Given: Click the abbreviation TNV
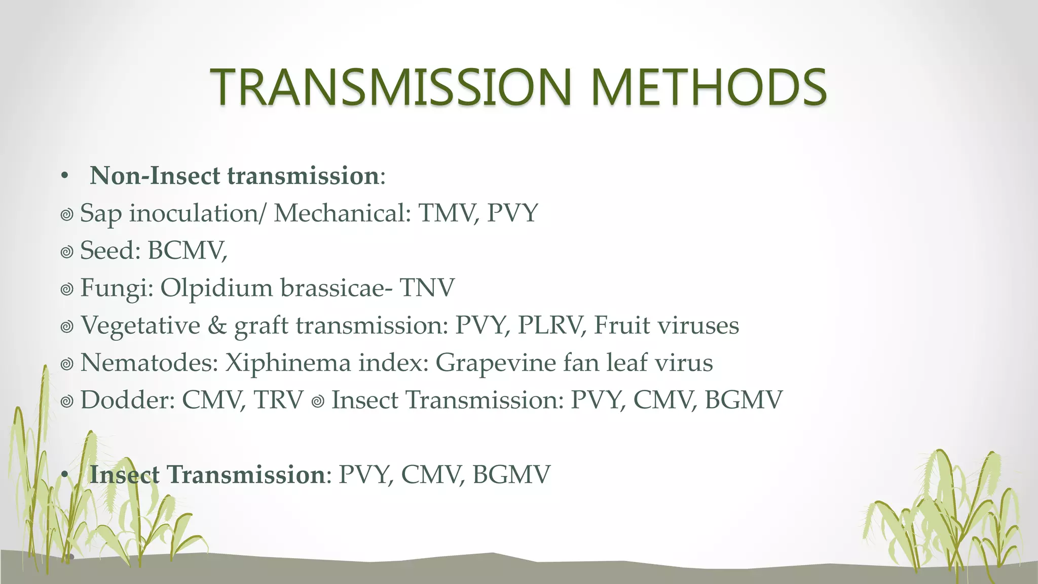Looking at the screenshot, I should pyautogui.click(x=427, y=288).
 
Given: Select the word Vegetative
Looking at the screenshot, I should pyautogui.click(x=140, y=325).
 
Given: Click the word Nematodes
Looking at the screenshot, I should pyautogui.click(x=149, y=363).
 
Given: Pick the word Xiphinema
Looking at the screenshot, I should pyautogui.click(x=288, y=363).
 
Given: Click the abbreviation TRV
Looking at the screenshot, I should pyautogui.click(x=278, y=400).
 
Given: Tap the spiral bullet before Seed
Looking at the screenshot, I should pyautogui.click(x=67, y=252).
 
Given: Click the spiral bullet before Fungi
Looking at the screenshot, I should pyautogui.click(x=67, y=289).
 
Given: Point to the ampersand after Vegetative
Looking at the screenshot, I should pyautogui.click(x=217, y=325).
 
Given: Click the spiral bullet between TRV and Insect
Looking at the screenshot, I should pyautogui.click(x=318, y=401).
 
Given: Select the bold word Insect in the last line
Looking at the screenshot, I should pyautogui.click(x=125, y=475).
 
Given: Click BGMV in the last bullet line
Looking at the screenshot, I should pyautogui.click(x=511, y=475).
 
